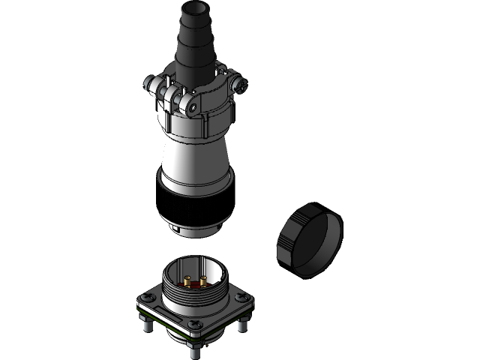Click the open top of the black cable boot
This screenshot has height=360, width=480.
[x=197, y=10]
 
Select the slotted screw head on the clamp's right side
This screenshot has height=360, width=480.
[x=241, y=85]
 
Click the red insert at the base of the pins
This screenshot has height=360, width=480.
[x=196, y=286]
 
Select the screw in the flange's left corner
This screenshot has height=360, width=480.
[x=147, y=301]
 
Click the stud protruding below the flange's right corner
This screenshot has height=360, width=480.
[x=242, y=325]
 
